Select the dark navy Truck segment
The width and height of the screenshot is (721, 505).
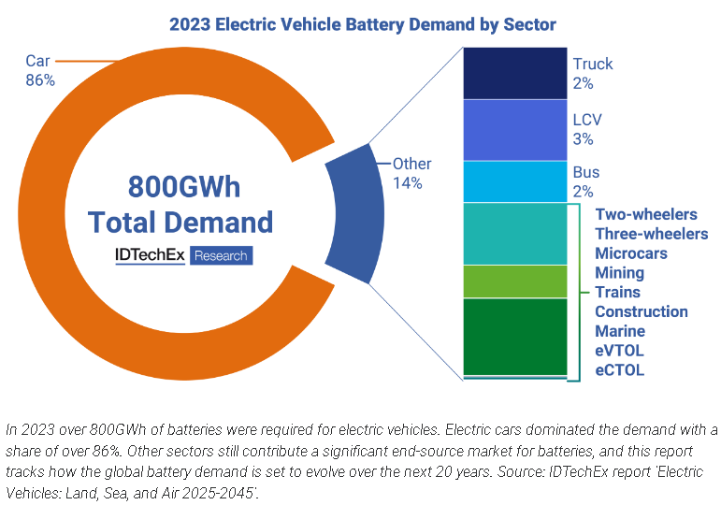coord(515,74)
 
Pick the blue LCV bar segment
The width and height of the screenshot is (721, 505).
coord(515,130)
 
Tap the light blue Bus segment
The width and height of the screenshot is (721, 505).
coord(515,181)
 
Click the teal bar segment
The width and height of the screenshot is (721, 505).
coord(515,234)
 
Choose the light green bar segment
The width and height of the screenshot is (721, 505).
coord(515,281)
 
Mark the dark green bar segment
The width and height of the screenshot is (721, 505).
coord(515,336)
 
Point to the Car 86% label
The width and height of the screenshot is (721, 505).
coord(39,71)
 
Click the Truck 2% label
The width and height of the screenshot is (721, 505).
coord(593,73)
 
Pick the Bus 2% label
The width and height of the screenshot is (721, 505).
coord(585,181)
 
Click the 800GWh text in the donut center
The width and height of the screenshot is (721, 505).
coord(180,187)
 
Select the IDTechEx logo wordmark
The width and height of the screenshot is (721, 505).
coord(150,254)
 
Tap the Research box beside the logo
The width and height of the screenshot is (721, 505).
coord(221,255)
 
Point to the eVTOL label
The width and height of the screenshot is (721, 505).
coord(619,351)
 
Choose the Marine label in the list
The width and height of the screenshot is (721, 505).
coord(620,331)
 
